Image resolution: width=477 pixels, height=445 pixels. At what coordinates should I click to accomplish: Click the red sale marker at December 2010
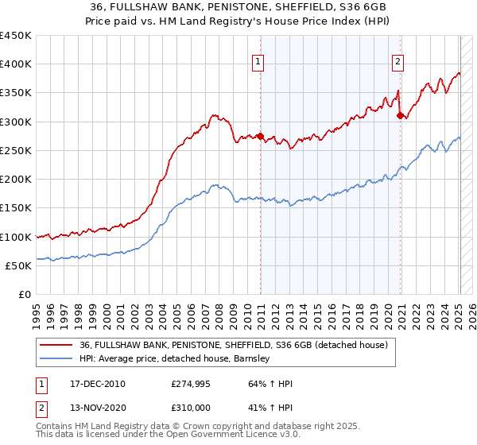tap(260, 136)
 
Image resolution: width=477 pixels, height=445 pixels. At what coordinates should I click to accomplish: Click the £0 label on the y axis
tap(24, 294)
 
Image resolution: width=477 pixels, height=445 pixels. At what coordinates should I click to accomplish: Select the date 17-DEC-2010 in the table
tap(93, 384)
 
